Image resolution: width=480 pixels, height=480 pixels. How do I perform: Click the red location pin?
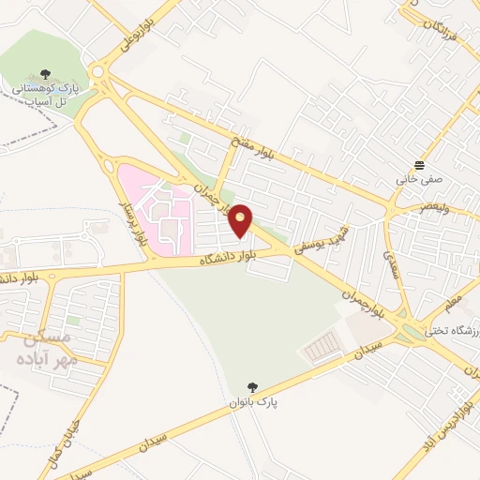tap(241, 220)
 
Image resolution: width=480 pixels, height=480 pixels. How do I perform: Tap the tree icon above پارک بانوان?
tap(251, 387)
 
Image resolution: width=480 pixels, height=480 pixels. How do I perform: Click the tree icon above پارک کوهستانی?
tap(45, 73)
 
